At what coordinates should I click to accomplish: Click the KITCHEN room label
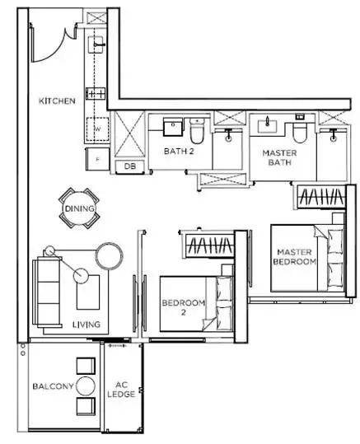pyautogui.click(x=57, y=100)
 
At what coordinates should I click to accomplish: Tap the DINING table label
pyautogui.click(x=79, y=208)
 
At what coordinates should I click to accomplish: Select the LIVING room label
pyautogui.click(x=86, y=325)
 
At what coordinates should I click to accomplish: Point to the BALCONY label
pyautogui.click(x=53, y=386)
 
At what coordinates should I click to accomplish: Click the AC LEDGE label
pyautogui.click(x=121, y=390)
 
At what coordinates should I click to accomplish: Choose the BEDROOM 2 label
pyautogui.click(x=184, y=307)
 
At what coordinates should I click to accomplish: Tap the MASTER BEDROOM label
pyautogui.click(x=295, y=257)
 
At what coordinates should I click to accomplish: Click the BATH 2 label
pyautogui.click(x=179, y=152)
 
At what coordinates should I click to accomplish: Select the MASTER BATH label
pyautogui.click(x=279, y=157)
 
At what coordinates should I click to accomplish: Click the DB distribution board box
pyautogui.click(x=130, y=166)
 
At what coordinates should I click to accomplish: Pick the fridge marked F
pyautogui.click(x=97, y=159)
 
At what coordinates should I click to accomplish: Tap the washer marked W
pyautogui.click(x=97, y=129)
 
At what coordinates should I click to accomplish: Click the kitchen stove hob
pyautogui.click(x=96, y=93)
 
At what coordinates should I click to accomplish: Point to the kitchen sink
pyautogui.click(x=96, y=44)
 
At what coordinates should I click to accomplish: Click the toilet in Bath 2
pyautogui.click(x=197, y=131)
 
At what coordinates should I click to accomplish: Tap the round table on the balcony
pyautogui.click(x=86, y=386)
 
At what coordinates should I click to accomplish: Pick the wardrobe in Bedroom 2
pyautogui.click(x=210, y=245)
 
